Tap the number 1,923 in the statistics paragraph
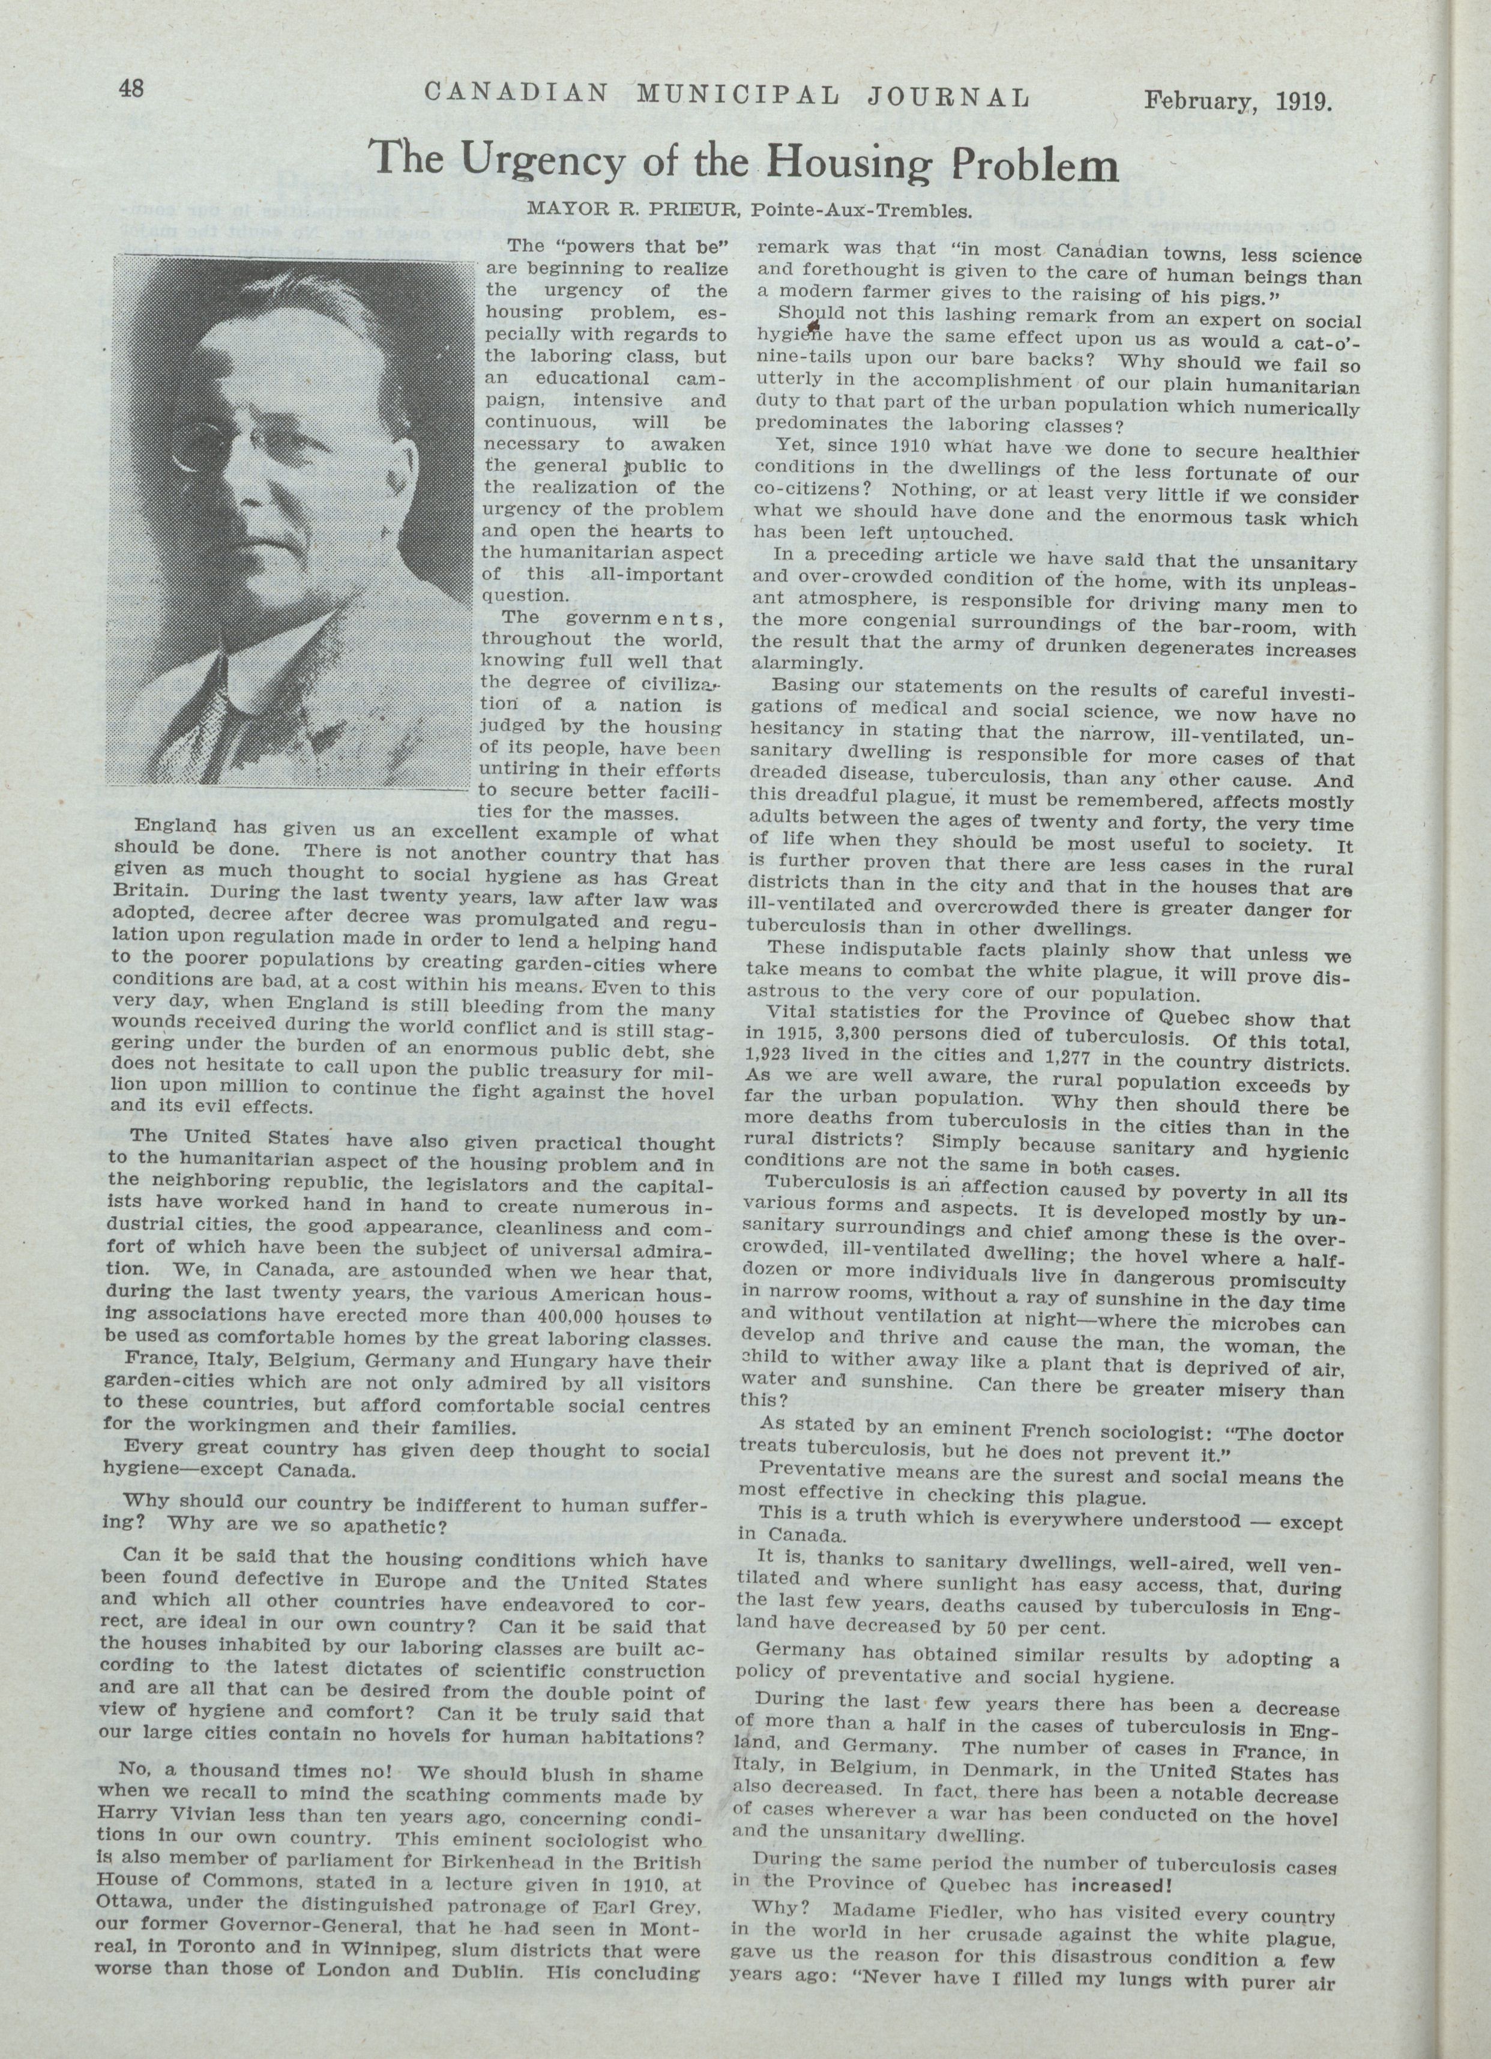(768, 1056)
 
